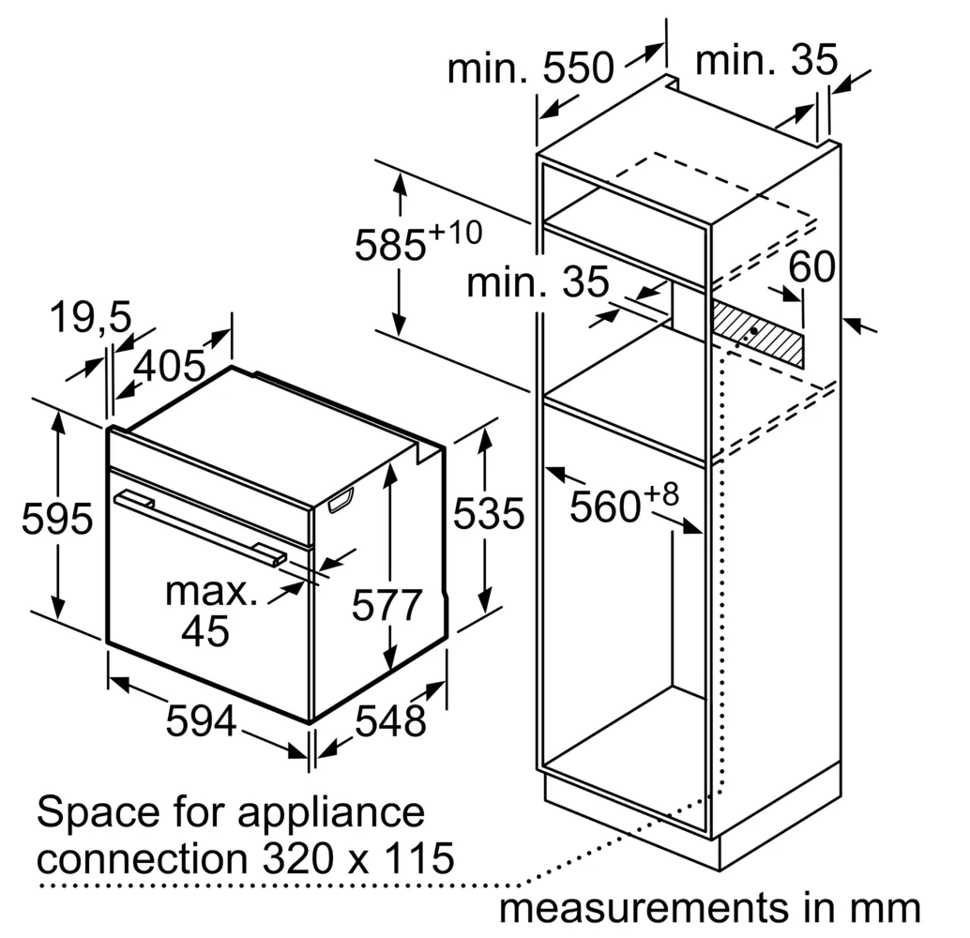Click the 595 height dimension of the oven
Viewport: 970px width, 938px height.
point(57,518)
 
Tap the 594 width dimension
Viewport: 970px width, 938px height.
point(201,720)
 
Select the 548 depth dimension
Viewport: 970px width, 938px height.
point(390,720)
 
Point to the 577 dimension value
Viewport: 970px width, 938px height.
point(386,604)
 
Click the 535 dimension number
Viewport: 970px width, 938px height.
point(489,513)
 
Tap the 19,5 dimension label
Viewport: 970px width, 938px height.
point(90,317)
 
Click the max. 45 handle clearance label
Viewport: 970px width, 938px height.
point(210,612)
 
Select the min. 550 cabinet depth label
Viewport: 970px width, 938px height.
point(531,68)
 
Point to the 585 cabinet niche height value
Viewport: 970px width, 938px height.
point(389,245)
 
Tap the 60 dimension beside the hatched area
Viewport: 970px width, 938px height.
point(811,266)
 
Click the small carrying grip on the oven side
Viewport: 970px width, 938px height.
point(341,500)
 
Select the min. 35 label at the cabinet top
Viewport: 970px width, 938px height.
point(766,59)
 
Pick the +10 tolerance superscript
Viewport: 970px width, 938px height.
point(455,234)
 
